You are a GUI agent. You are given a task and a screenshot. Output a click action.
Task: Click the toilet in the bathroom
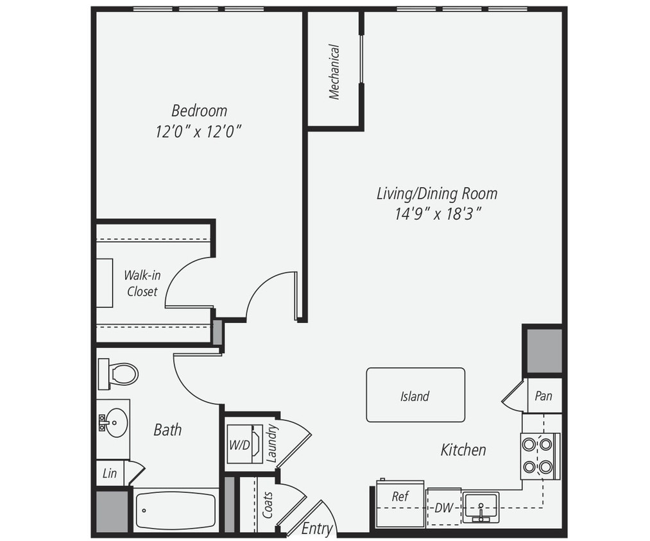coord(119,374)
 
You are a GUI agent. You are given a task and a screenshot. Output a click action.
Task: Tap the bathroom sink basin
coord(116,423)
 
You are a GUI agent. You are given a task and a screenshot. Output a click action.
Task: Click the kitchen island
coord(415,395)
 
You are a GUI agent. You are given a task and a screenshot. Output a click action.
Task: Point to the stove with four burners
coord(538,456)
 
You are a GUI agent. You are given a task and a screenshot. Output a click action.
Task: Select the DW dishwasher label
coord(443,508)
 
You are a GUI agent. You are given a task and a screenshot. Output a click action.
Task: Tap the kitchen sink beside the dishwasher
coord(481,507)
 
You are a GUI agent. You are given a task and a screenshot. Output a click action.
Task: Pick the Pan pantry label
coord(543,396)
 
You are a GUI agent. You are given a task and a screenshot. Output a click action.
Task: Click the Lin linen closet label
coord(110,474)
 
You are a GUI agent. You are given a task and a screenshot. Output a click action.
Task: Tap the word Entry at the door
coord(317,529)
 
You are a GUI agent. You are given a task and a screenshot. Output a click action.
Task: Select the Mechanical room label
coord(334,71)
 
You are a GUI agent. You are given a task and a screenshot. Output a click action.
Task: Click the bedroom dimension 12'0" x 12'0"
coord(198,131)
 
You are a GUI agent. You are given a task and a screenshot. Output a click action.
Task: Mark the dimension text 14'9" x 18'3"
coord(438,214)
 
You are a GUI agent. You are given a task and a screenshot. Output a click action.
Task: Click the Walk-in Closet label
coord(142,283)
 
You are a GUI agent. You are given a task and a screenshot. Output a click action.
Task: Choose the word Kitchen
coord(463,450)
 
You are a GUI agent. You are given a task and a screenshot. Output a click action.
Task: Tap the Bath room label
coord(167,429)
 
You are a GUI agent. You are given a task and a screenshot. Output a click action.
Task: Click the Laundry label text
coord(271,443)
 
